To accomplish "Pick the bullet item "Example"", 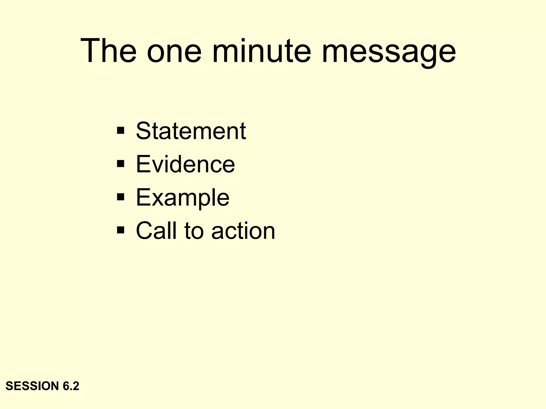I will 183,197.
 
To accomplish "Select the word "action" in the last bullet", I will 243,230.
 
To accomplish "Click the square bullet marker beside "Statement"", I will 121,131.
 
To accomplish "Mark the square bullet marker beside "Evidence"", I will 121,164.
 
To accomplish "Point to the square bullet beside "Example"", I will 121,197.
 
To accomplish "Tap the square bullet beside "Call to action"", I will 121,230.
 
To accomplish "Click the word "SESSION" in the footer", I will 32,386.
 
